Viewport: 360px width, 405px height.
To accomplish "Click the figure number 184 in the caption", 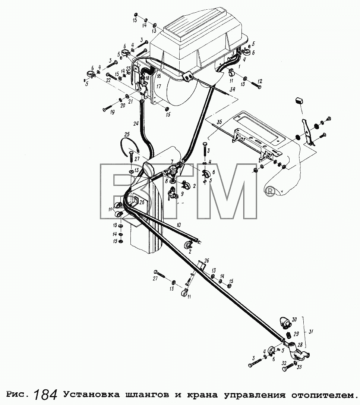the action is [46, 394].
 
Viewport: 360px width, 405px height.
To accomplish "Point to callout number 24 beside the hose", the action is [136, 124].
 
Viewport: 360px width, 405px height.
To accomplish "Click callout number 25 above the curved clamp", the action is [127, 135].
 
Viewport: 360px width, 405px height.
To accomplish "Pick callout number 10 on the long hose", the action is [179, 225].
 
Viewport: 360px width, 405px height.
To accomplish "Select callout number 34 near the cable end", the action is [233, 90].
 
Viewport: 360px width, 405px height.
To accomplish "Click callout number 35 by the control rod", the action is [219, 122].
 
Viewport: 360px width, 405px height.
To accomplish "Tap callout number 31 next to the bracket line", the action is [311, 332].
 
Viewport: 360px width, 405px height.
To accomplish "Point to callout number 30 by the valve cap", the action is [294, 320].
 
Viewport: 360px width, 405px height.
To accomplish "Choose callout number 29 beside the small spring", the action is [296, 334].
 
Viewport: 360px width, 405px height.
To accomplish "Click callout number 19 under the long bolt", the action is [112, 112].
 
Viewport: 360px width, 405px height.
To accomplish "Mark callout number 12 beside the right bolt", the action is [260, 81].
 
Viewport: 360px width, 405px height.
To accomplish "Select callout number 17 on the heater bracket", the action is [159, 86].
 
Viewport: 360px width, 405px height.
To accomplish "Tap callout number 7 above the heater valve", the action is [172, 161].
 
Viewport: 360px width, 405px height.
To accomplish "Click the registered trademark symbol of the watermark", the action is [271, 191].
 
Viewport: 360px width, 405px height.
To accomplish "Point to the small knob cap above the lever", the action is [299, 100].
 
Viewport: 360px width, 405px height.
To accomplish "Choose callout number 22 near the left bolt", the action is [108, 81].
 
